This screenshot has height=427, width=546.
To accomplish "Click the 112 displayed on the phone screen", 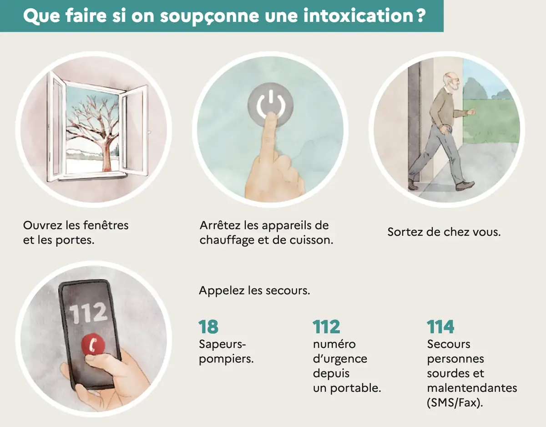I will pos(88,313).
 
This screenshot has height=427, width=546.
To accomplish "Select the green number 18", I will pos(208,327).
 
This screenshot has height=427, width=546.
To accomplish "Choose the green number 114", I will pos(440,327).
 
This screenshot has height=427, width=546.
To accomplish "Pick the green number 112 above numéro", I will pos(326,327).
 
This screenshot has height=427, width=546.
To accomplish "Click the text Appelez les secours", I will pos(254,290).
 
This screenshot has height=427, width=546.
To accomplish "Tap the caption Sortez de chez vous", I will pos(444,232).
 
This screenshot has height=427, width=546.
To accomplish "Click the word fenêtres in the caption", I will pos(106,225).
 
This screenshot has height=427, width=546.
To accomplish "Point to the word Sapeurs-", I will pos(219,344).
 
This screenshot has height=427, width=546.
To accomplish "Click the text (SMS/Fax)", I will pos(454,403).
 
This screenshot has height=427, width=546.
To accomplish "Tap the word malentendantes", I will pos(472,388).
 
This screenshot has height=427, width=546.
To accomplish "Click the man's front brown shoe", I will pos(465,185).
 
